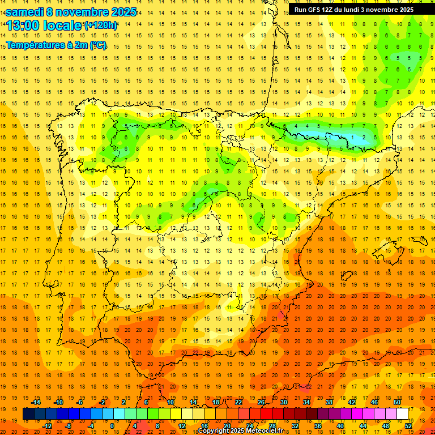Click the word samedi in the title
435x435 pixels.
point(24,12)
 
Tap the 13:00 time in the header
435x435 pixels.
point(26,25)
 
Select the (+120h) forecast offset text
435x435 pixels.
point(101,25)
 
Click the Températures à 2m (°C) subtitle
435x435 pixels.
point(56,45)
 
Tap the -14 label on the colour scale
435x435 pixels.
point(37,402)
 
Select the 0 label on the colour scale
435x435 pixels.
point(113,426)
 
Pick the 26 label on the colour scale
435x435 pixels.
point(261,402)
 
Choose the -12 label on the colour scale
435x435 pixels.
point(48,426)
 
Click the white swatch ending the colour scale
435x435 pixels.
point(402,414)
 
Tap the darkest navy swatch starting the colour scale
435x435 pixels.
point(28,414)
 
